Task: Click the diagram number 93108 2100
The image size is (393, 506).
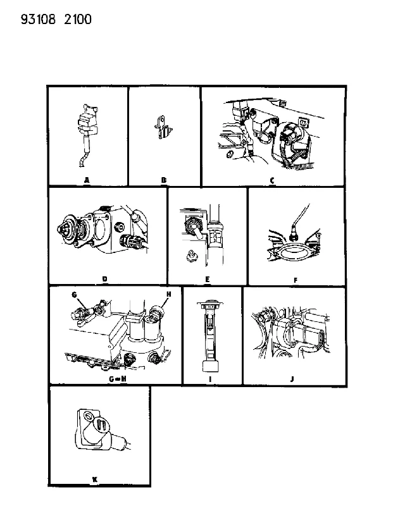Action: point(56,20)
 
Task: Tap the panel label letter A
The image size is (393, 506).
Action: point(87,180)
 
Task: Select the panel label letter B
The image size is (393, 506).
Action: point(164,180)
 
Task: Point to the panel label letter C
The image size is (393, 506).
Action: point(272,180)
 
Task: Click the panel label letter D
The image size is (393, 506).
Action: point(104,279)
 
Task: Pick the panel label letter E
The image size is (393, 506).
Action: point(208,279)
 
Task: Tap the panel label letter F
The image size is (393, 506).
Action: point(296,280)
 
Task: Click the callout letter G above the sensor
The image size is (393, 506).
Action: point(74,295)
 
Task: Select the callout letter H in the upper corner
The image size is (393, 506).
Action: point(168,294)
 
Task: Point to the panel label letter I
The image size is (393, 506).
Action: point(210,379)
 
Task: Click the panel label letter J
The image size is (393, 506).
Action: point(292,379)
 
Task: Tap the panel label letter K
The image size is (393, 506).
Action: point(95,479)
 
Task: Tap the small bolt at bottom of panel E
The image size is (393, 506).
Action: point(192,255)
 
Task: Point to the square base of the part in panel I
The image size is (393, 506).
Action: point(210,366)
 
